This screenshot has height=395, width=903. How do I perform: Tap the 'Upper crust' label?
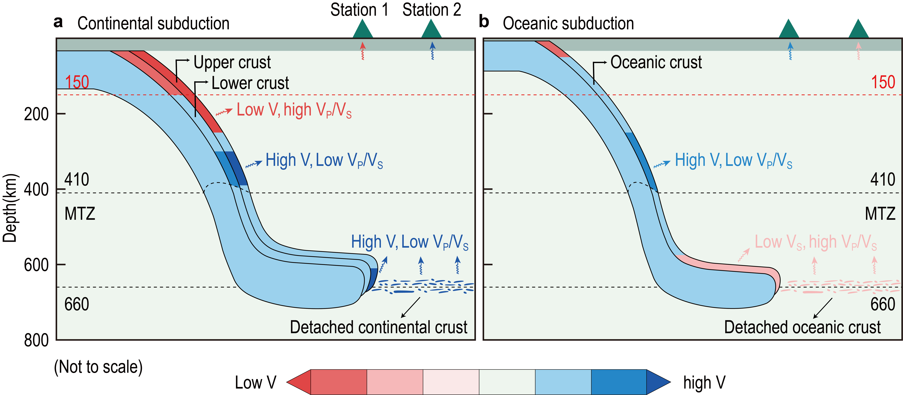click(232, 62)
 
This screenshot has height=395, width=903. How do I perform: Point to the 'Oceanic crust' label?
click(656, 62)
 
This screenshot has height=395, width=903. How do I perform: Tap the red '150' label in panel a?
click(77, 82)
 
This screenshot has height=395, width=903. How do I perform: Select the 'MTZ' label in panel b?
click(880, 214)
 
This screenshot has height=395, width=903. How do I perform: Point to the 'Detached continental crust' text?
click(379, 327)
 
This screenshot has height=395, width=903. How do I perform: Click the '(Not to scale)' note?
click(98, 367)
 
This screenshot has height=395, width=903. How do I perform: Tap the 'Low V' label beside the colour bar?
click(256, 382)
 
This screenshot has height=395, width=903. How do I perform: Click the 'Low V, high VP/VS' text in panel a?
click(294, 110)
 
